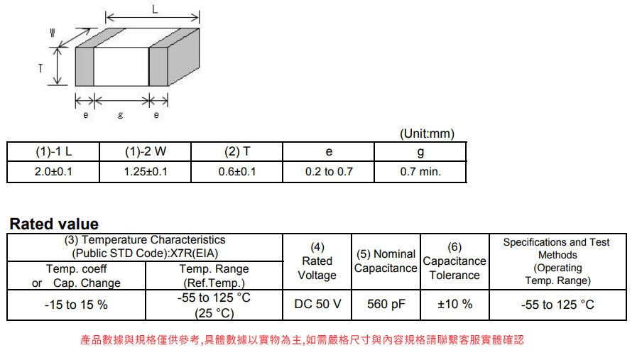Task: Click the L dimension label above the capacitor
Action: tap(155, 9)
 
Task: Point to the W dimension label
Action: tap(53, 33)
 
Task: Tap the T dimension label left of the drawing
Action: tap(40, 68)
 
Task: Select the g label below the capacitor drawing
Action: tap(120, 115)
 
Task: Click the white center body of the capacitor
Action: tap(121, 66)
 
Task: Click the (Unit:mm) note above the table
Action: tap(427, 133)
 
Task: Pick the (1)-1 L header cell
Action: tap(53, 151)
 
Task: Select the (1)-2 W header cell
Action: tap(145, 151)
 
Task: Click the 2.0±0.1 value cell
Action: tap(53, 172)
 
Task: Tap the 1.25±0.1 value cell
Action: tap(145, 172)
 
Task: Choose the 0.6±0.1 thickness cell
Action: tap(237, 172)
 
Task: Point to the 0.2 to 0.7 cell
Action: tap(329, 172)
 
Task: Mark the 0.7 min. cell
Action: tap(420, 172)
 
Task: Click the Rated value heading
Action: tap(54, 224)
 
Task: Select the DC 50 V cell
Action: tap(317, 305)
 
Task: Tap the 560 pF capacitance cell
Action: tap(386, 305)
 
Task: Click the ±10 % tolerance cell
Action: tap(454, 305)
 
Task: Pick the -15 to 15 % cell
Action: tap(76, 305)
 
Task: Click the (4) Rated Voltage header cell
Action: tap(317, 261)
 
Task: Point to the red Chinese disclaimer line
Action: tap(303, 339)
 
